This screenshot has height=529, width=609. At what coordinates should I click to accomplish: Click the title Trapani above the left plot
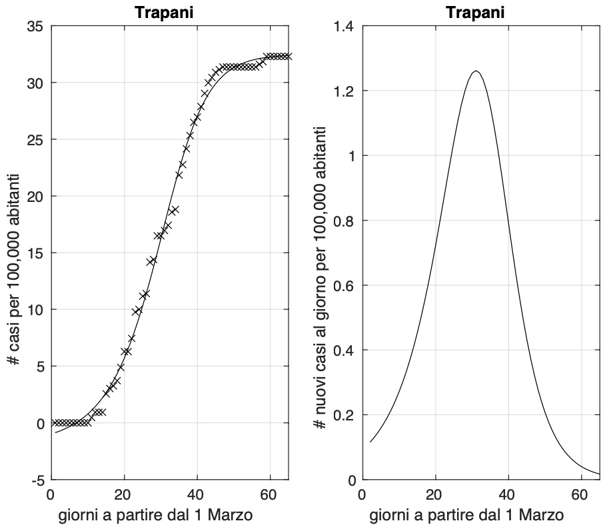(x=169, y=12)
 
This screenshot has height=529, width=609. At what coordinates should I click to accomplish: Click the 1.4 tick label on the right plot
(x=344, y=27)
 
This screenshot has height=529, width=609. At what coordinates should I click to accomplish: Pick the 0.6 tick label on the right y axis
(x=344, y=285)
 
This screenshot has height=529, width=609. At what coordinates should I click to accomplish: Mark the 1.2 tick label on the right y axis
(x=344, y=91)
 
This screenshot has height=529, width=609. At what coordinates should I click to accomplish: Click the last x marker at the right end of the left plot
(x=287, y=56)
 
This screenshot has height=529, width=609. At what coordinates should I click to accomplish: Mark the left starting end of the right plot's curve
(x=370, y=442)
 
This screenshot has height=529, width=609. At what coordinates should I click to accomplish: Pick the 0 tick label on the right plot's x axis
(x=362, y=495)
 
